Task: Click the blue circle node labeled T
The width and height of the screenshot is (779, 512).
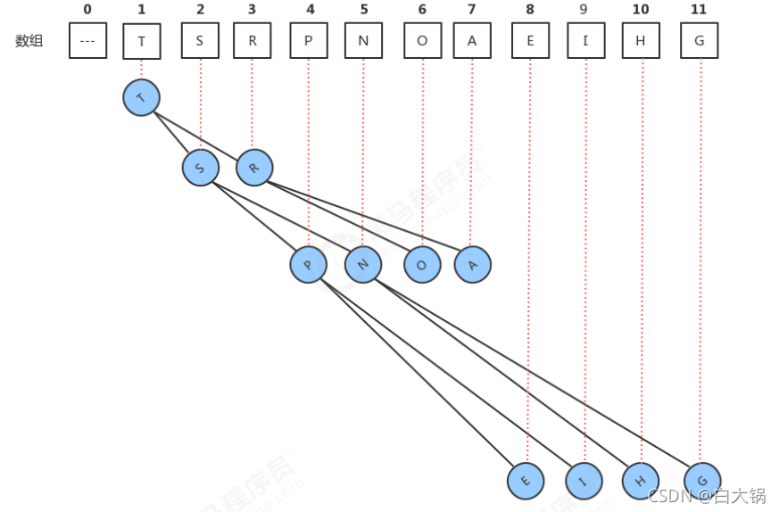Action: tap(141, 97)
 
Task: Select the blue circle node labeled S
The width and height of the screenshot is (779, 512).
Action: tap(200, 168)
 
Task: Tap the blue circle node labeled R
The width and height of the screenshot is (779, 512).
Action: tap(253, 167)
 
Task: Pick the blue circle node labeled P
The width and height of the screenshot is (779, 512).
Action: tap(308, 265)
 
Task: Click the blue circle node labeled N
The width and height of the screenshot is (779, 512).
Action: tap(363, 265)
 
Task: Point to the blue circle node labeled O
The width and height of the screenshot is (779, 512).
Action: tap(422, 265)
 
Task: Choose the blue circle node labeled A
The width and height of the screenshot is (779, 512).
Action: tap(472, 265)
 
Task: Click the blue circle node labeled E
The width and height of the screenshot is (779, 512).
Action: tap(526, 481)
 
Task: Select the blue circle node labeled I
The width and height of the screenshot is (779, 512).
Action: tap(584, 481)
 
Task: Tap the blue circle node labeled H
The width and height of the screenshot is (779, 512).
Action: tap(641, 481)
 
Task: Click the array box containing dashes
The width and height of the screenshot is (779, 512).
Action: tap(87, 41)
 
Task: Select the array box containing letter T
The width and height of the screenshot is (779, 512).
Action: tap(141, 41)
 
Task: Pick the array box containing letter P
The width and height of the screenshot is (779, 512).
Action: tap(308, 41)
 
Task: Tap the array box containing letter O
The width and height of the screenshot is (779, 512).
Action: tap(422, 41)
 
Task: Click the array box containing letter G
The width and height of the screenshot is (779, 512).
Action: tap(700, 41)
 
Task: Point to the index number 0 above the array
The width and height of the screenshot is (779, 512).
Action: tap(87, 9)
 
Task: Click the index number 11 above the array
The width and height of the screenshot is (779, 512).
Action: tap(700, 9)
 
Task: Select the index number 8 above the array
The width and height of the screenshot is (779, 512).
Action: tap(530, 9)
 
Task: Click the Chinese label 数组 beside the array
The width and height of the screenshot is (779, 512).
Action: tap(29, 41)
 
